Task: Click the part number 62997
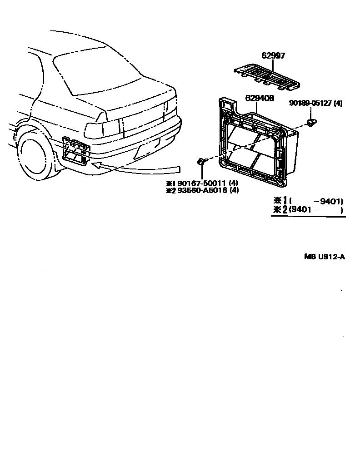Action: click(273, 56)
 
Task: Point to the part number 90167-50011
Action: click(200, 183)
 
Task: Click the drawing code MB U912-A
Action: click(324, 257)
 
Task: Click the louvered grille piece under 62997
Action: click(267, 76)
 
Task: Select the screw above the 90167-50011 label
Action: click(201, 161)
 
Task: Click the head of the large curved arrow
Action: click(97, 165)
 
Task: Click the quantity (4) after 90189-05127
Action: click(338, 104)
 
